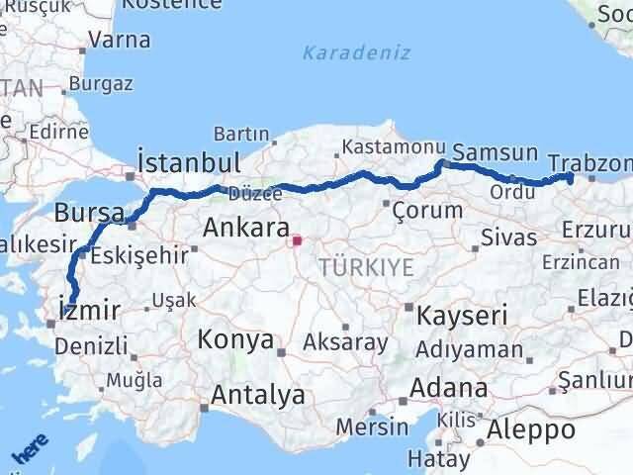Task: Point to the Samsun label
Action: [501, 153]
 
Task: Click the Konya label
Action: [235, 340]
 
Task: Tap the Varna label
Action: [120, 41]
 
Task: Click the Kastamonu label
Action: [385, 148]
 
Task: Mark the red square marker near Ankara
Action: [297, 239]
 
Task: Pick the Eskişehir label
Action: [137, 256]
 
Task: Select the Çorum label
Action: [427, 210]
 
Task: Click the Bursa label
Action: [89, 213]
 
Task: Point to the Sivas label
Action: [508, 237]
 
